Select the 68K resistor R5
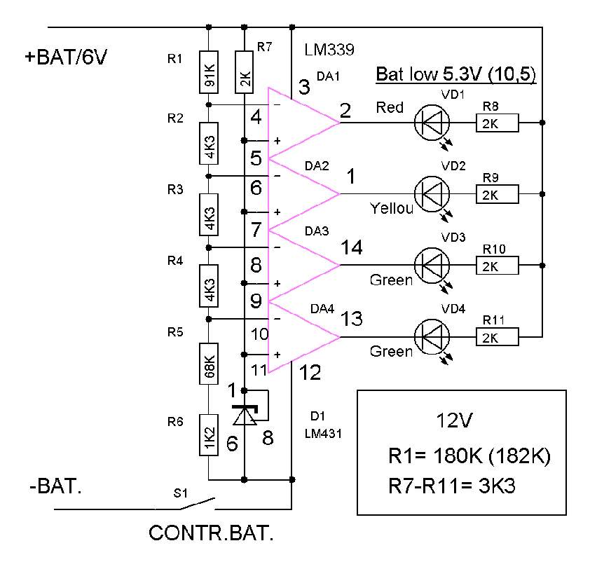point(208,364)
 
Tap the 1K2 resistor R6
point(208,435)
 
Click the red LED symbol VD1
point(432,123)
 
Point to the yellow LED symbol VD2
point(432,193)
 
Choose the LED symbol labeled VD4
point(432,337)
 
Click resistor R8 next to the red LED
point(497,123)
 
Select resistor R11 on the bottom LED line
point(497,338)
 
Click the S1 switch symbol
point(196,504)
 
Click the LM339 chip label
point(329,50)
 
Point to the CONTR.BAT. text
point(210,534)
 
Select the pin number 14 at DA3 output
point(351,247)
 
